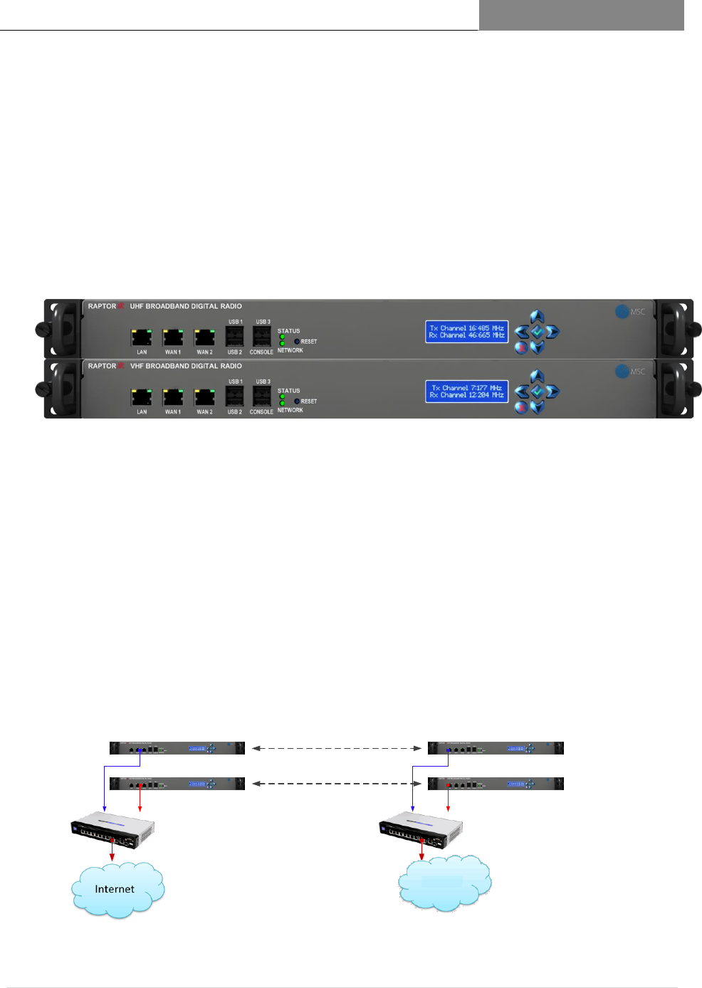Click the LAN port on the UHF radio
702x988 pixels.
(141, 337)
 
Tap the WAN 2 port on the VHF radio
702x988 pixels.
(204, 396)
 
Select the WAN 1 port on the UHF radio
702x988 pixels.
(173, 337)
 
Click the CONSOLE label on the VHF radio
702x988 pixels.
(261, 412)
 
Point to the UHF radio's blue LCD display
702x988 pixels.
(466, 332)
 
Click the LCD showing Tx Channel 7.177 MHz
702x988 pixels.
(466, 391)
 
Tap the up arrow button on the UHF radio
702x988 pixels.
(538, 317)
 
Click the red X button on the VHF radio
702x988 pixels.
(521, 408)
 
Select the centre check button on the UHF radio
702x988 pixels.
(538, 332)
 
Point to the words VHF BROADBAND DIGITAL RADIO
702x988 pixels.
(186, 366)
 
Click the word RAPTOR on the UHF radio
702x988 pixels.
(102, 306)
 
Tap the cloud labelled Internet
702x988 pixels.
(117, 890)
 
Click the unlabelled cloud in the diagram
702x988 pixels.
(444, 883)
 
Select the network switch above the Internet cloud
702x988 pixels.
(112, 830)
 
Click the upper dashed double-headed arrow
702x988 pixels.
(336, 748)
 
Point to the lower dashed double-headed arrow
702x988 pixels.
(336, 784)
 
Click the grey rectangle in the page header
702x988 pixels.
(581, 15)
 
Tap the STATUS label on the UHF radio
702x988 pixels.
(288, 331)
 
